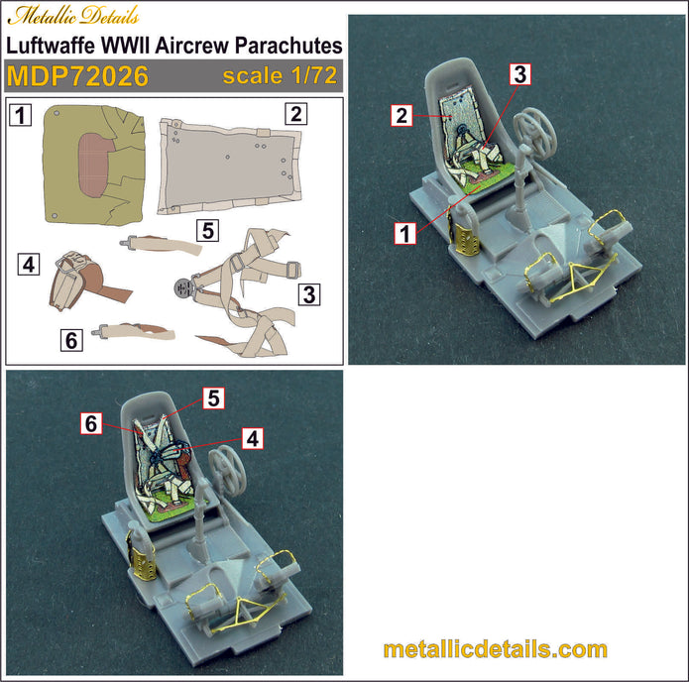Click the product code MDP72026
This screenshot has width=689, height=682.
click(77, 76)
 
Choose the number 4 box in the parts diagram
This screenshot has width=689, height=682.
click(29, 265)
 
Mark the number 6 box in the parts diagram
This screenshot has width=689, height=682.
click(70, 340)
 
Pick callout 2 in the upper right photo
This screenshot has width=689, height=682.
click(401, 116)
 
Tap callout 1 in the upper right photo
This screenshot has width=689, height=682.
click(403, 233)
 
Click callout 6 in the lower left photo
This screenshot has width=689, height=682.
click(91, 423)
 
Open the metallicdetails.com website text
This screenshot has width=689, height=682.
click(495, 650)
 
